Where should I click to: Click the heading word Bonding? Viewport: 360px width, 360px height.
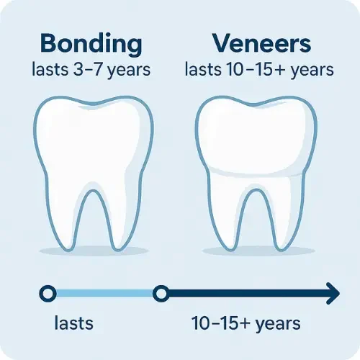click(x=92, y=43)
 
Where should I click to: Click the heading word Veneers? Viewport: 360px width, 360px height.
click(x=261, y=43)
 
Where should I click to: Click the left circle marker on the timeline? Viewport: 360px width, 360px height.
click(x=48, y=293)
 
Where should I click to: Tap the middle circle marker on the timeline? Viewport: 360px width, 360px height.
click(x=161, y=293)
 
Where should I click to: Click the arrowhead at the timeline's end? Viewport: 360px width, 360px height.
click(x=332, y=293)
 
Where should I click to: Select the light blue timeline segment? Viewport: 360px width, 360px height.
click(x=104, y=293)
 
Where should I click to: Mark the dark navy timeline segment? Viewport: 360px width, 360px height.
click(x=245, y=293)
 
